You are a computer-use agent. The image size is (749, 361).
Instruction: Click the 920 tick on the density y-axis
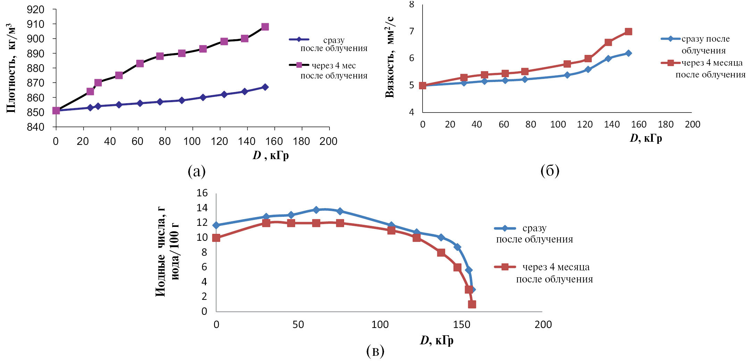pos(35,10)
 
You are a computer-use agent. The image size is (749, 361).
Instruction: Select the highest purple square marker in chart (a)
pos(265,27)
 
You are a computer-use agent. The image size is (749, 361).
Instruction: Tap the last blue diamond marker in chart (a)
pos(265,87)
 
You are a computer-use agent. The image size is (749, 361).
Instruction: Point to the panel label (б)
pos(550,171)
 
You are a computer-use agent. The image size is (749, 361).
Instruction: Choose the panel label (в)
pos(375,351)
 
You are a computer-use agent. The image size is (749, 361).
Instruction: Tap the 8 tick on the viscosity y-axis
pos(411,5)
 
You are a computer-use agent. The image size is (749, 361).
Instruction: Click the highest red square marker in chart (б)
pos(628,32)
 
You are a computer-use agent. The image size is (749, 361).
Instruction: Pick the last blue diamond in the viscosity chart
pos(628,53)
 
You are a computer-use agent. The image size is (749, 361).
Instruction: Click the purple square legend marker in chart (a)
pos(299,65)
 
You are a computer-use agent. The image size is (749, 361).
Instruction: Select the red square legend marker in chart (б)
pos(671,63)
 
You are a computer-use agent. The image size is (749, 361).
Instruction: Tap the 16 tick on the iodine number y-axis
pos(202,193)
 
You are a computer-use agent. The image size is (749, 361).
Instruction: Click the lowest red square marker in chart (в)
pos(472,304)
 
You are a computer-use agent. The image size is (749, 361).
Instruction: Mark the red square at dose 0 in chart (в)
pos(216,238)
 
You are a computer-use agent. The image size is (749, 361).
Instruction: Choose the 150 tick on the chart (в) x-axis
pos(461,325)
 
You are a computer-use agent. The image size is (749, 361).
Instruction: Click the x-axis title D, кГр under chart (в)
pos(436,340)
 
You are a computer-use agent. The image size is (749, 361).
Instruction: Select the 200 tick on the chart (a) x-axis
pos(328,141)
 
